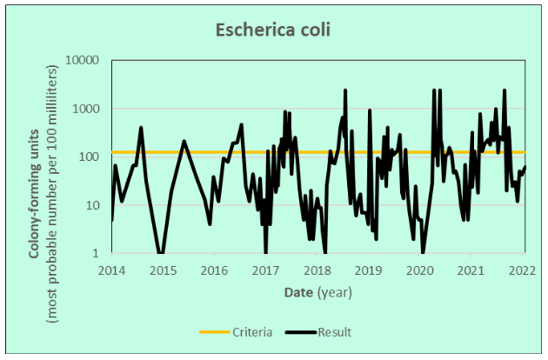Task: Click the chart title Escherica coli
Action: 273,30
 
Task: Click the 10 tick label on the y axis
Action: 94,206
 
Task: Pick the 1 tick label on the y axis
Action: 97,254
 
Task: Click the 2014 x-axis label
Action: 112,270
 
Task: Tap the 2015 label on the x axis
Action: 164,270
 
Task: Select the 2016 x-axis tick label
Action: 215,270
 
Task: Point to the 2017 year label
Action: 266,270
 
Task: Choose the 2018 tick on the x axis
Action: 317,270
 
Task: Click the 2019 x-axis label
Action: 369,270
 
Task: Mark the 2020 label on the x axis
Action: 420,270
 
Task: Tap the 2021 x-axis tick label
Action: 471,270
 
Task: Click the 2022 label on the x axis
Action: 523,270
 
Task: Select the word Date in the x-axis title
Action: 298,292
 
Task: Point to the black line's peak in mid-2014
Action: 141,128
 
